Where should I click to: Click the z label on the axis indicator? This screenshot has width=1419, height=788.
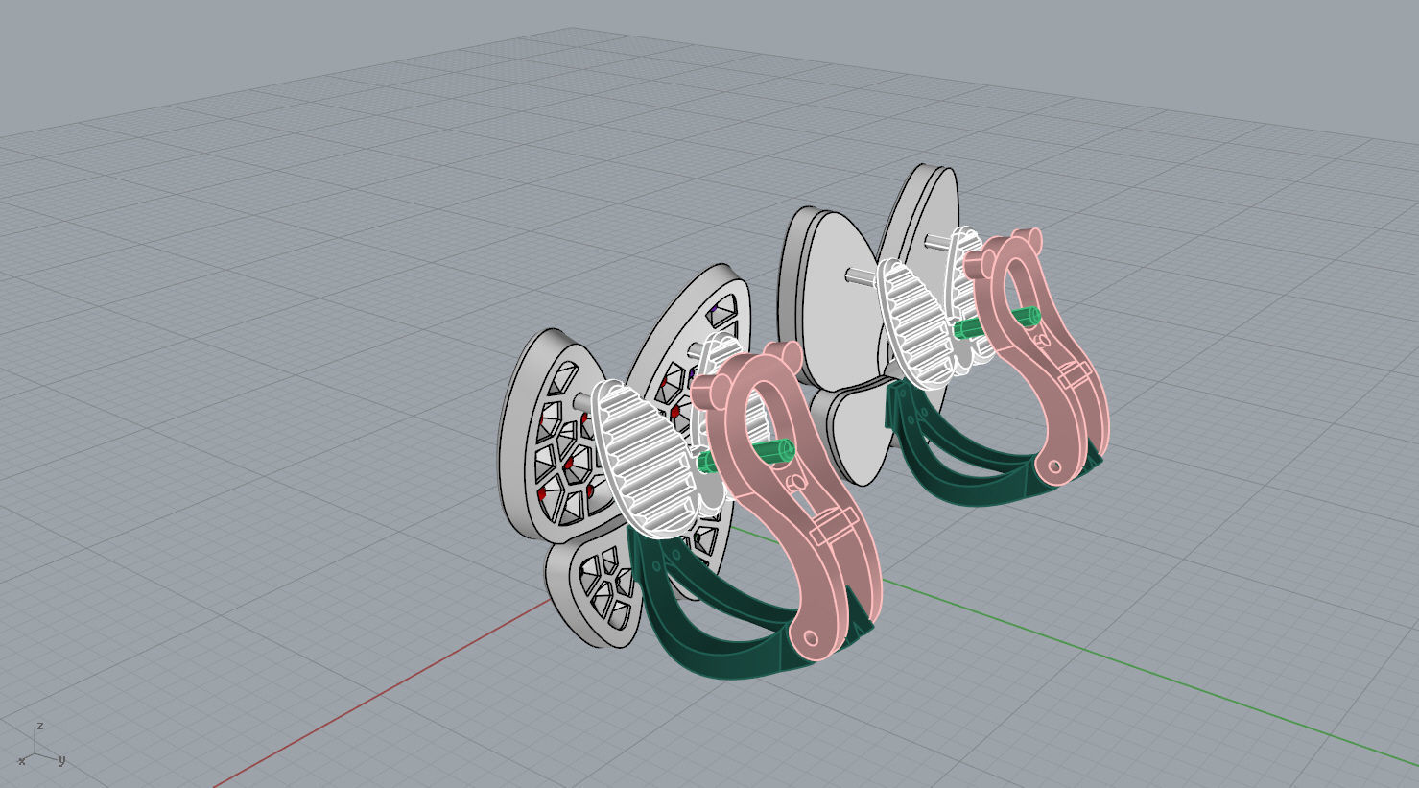pyautogui.click(x=39, y=727)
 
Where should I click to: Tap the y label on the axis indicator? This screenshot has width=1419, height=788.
pyautogui.click(x=61, y=760)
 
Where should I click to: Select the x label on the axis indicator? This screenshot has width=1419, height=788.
pyautogui.click(x=21, y=761)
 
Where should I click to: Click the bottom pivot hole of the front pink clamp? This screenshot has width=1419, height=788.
pyautogui.click(x=811, y=638)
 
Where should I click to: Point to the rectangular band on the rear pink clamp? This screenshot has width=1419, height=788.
pyautogui.click(x=1075, y=374)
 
